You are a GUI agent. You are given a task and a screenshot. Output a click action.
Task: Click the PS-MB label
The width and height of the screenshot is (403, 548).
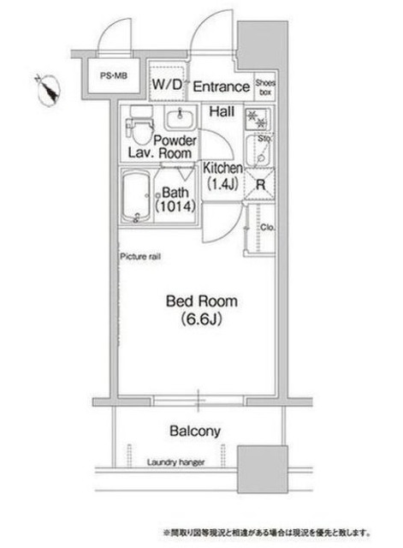coord(111,76)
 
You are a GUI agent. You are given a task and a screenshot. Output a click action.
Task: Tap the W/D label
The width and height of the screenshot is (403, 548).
coord(167,85)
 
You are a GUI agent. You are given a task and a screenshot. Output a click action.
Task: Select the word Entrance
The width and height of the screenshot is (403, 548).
coord(221,86)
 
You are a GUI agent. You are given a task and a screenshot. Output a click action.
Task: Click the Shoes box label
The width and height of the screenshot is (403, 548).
coord(264,86)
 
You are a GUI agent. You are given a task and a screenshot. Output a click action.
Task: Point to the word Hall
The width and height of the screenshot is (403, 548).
coord(224,111)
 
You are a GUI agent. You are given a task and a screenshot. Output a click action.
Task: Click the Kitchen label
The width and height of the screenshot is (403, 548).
coord(222,169)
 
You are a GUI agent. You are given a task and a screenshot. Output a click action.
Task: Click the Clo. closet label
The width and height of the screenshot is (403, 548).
coord(267,228)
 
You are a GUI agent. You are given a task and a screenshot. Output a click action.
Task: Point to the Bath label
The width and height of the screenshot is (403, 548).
coord(175,192)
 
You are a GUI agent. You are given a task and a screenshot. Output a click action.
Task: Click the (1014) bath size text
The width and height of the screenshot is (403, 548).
coord(176,207)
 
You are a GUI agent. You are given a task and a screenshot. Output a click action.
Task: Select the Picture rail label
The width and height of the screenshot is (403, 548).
coord(140,256)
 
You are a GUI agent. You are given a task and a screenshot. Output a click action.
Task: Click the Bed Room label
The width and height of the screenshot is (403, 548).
coord(201,301)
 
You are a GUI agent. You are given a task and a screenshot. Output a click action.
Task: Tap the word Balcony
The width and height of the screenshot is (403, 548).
coord(195,431)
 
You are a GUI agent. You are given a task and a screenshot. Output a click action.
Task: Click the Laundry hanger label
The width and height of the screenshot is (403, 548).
coord(175,462)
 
